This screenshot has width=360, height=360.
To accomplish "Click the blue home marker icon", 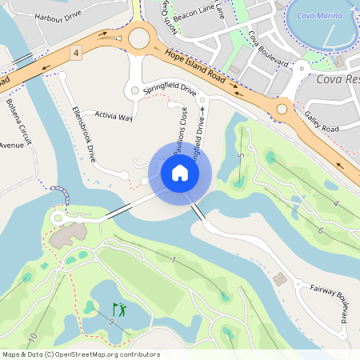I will pos(180,172).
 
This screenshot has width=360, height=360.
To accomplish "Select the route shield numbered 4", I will pos(76,53).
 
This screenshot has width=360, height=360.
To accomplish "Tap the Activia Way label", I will pos(114,116).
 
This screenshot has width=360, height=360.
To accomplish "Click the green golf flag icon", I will pos(119,309).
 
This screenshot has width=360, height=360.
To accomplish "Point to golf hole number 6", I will pos(320,230).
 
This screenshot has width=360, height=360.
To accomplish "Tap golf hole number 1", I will pos(173,262).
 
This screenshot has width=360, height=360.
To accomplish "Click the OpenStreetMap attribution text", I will pos(82,354).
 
